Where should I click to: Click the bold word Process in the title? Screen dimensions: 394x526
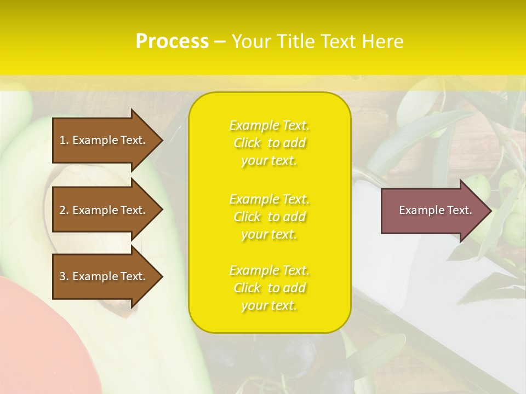(x=172, y=42)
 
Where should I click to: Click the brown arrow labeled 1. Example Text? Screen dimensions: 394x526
(x=104, y=140)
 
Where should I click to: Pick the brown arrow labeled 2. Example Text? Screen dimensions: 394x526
(x=104, y=210)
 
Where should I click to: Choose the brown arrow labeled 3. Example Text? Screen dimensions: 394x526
(x=104, y=276)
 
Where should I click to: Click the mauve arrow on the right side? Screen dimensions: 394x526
(x=433, y=210)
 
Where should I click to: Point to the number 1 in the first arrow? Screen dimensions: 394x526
(x=62, y=140)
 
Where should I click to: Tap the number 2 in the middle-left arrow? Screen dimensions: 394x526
(x=62, y=210)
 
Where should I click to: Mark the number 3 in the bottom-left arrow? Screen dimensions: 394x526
(x=62, y=276)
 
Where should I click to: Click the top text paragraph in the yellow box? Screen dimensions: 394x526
(x=269, y=143)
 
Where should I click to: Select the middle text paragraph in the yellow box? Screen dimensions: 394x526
(x=269, y=217)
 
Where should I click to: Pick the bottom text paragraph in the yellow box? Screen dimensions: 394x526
(x=269, y=288)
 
